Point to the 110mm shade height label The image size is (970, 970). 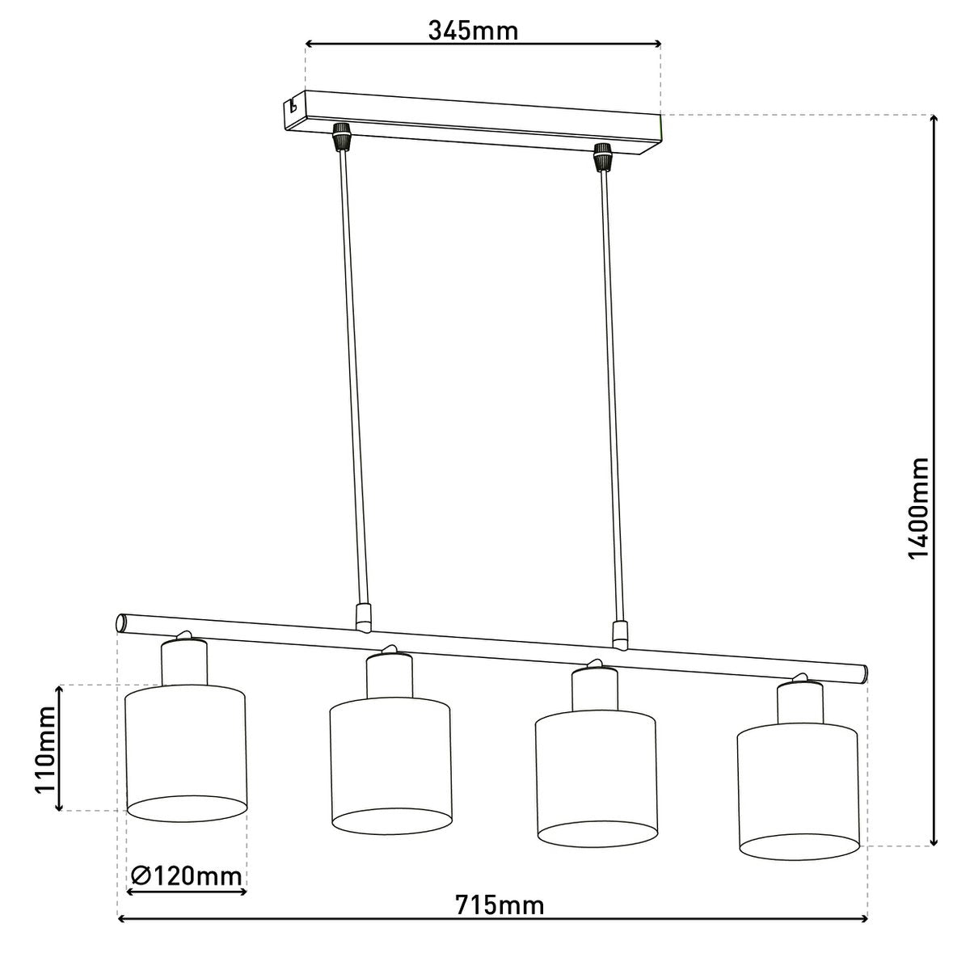[44, 748]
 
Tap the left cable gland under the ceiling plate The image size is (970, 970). [342, 137]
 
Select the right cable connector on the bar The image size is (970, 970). [621, 635]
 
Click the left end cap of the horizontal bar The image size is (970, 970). [121, 623]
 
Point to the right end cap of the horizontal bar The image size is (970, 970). [864, 673]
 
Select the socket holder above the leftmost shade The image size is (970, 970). [184, 662]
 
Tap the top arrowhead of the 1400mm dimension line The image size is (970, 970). [934, 120]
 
